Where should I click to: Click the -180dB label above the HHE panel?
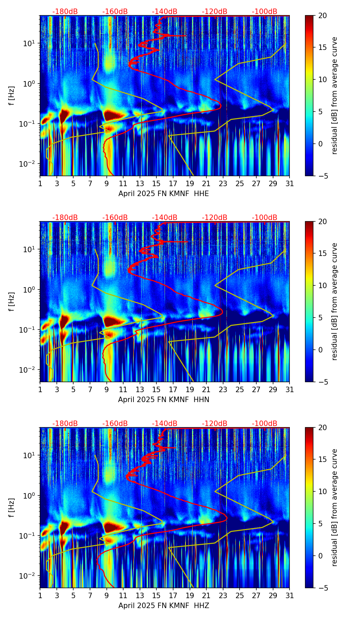[65, 12]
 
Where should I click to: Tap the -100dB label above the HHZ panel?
[265, 424]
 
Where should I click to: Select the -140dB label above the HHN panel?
[165, 218]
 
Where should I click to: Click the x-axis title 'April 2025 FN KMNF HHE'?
[164, 194]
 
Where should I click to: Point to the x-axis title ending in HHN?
[164, 400]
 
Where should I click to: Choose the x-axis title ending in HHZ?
[164, 606]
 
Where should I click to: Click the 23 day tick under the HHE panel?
[223, 184]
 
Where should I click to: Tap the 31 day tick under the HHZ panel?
[290, 596]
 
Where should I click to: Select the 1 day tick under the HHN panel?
[40, 390]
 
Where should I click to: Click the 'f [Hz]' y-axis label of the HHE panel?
[12, 96]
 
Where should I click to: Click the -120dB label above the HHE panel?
[215, 12]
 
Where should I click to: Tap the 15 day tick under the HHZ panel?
[156, 596]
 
